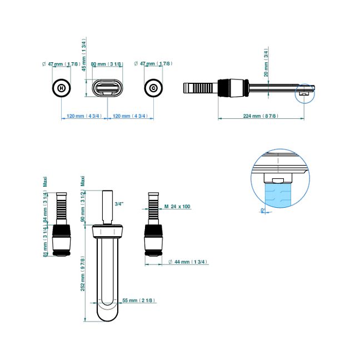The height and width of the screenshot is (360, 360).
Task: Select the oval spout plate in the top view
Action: tap(107, 88)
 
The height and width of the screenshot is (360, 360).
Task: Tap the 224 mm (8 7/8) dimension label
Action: tap(261, 116)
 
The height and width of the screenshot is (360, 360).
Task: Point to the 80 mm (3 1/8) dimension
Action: tap(107, 64)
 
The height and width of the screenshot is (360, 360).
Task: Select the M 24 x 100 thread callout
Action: tap(177, 206)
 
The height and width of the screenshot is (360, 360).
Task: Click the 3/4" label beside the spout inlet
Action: tap(119, 204)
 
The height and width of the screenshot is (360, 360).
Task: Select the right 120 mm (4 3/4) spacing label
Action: tap(129, 116)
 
